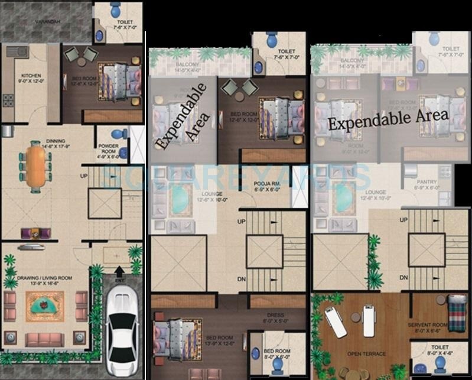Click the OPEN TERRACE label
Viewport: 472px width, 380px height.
[366, 354]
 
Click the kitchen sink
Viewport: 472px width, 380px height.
[18, 51]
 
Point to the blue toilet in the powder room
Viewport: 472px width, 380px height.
[119, 135]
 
